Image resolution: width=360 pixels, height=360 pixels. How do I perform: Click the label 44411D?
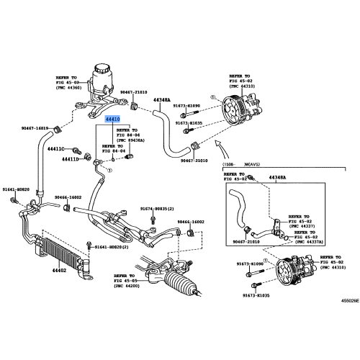[x=70, y=158]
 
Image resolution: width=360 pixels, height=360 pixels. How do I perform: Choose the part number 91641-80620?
[x=16, y=189]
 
